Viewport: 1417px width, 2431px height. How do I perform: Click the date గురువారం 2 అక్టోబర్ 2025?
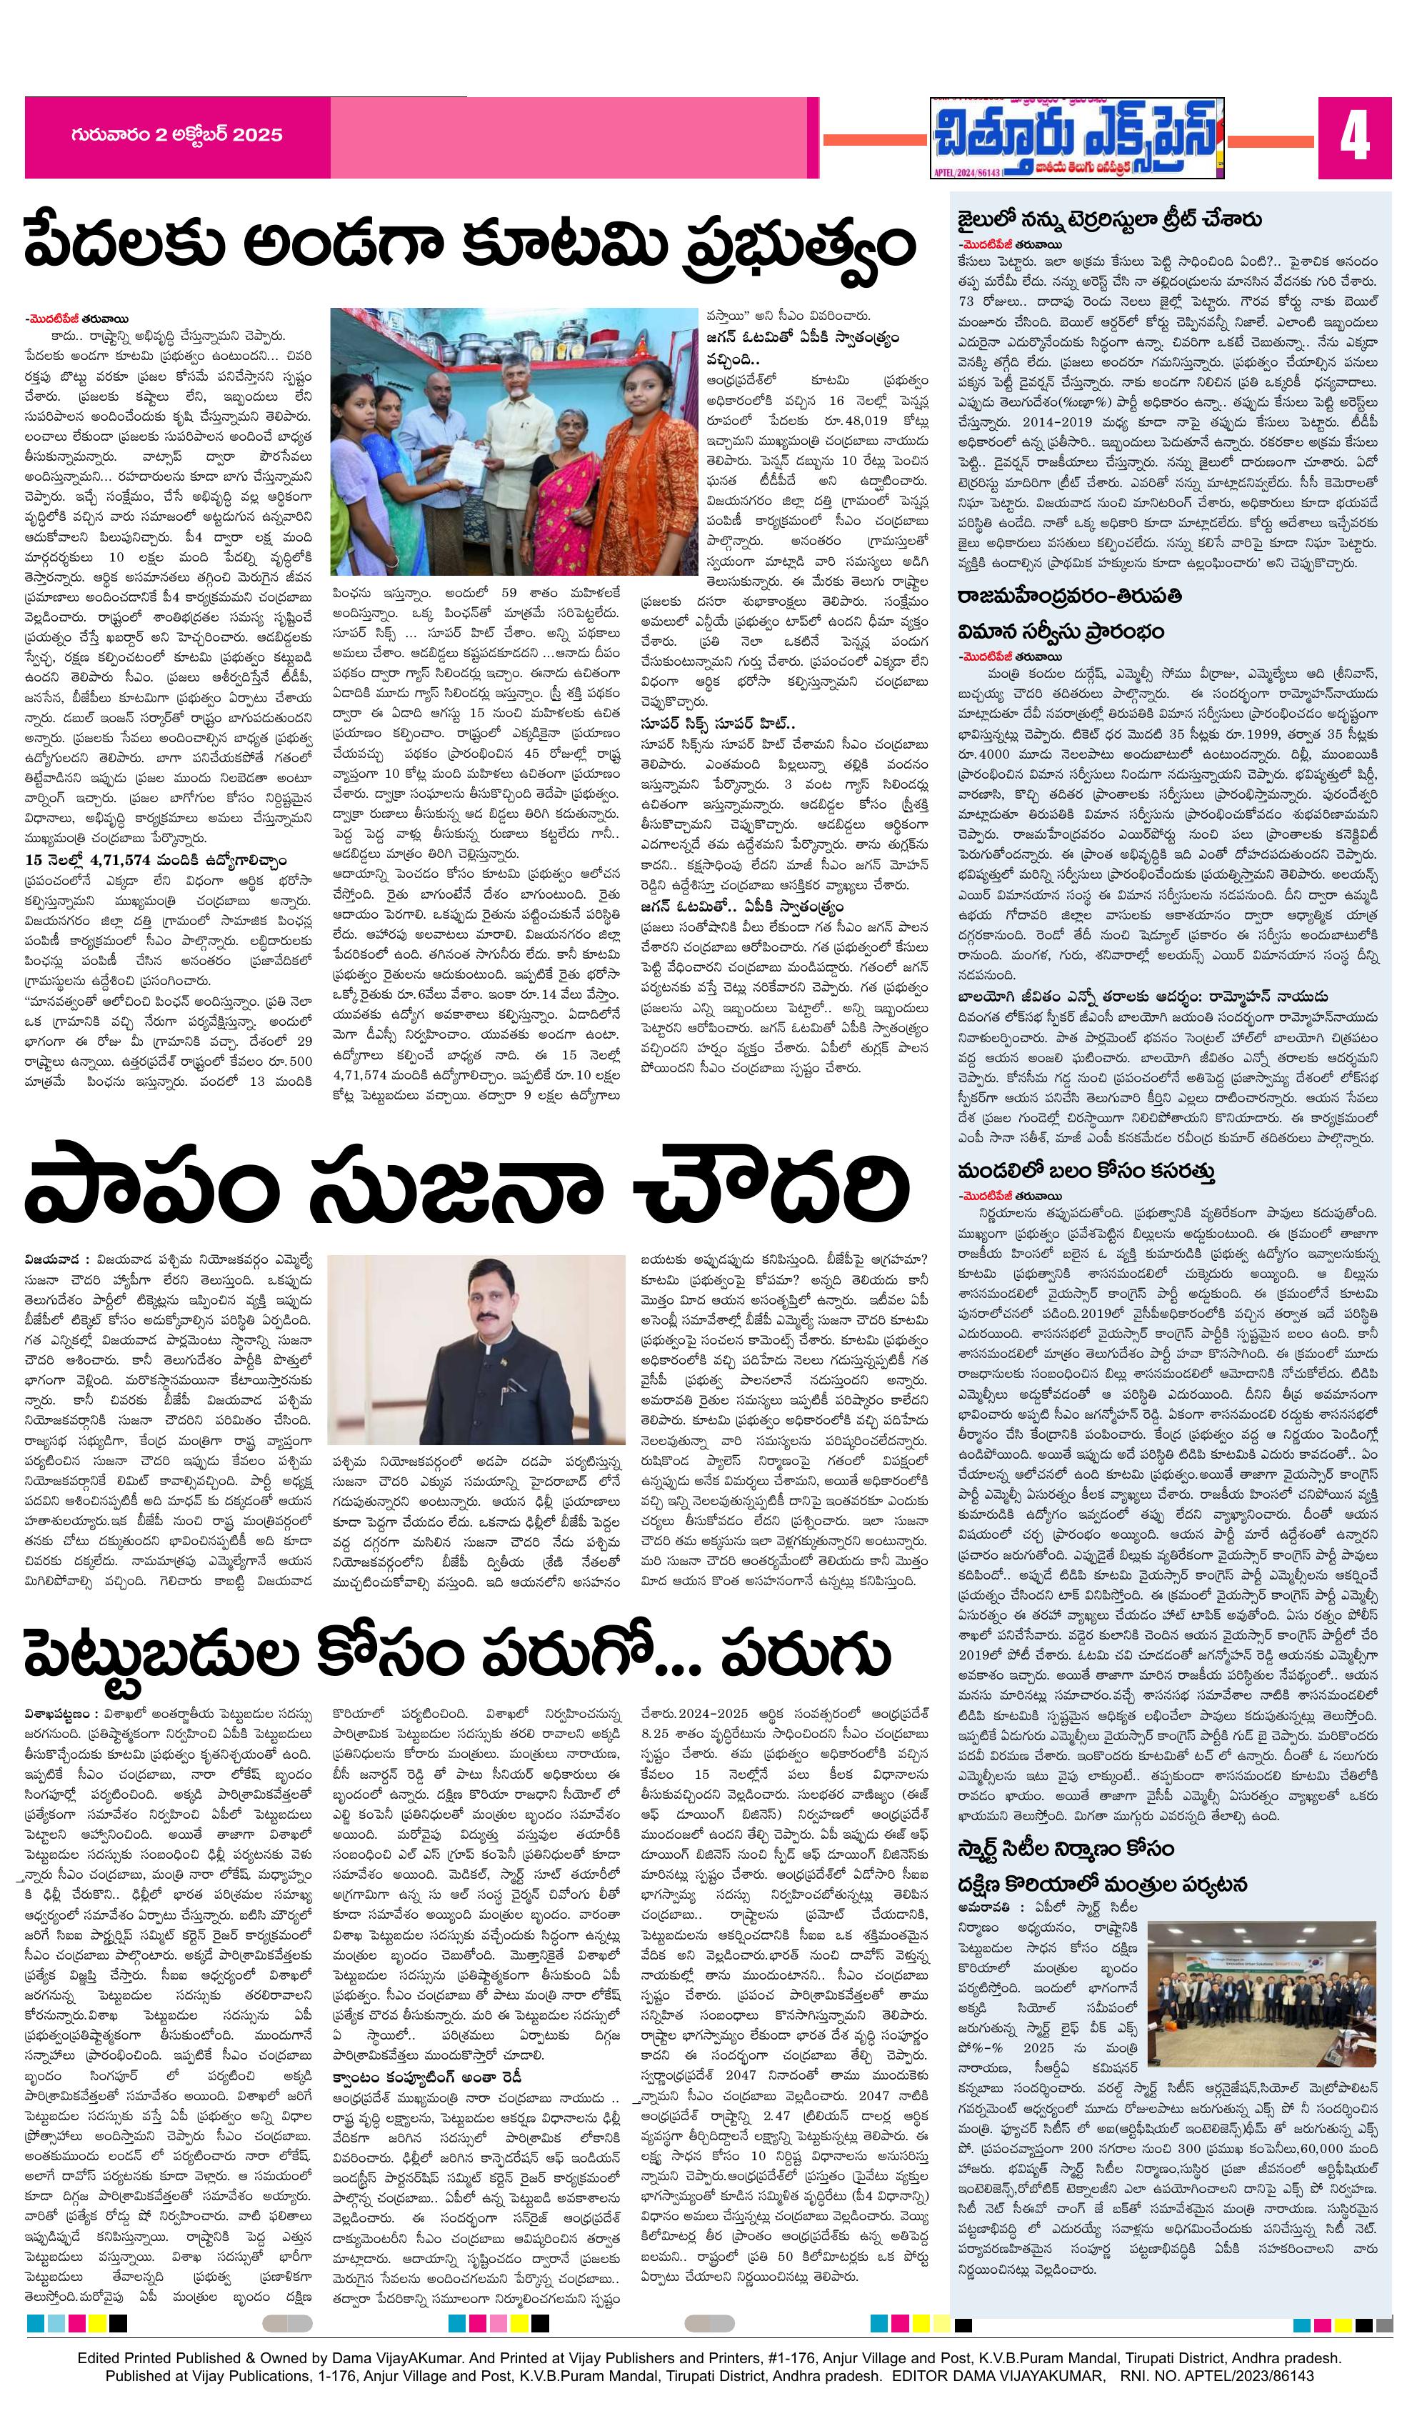176,135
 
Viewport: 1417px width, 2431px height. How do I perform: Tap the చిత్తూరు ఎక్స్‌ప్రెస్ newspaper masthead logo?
1076,138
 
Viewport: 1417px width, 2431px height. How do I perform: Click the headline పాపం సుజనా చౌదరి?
466,1192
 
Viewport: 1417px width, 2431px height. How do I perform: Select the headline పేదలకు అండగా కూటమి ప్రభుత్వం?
470,245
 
